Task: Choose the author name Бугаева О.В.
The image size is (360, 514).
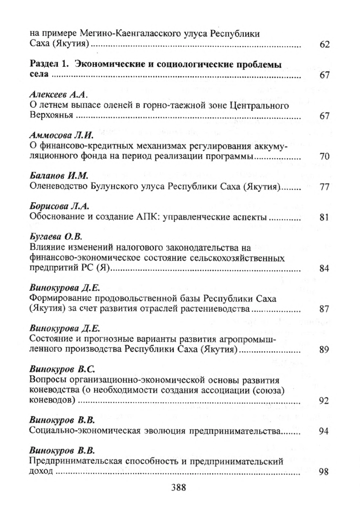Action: (x=52, y=236)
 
